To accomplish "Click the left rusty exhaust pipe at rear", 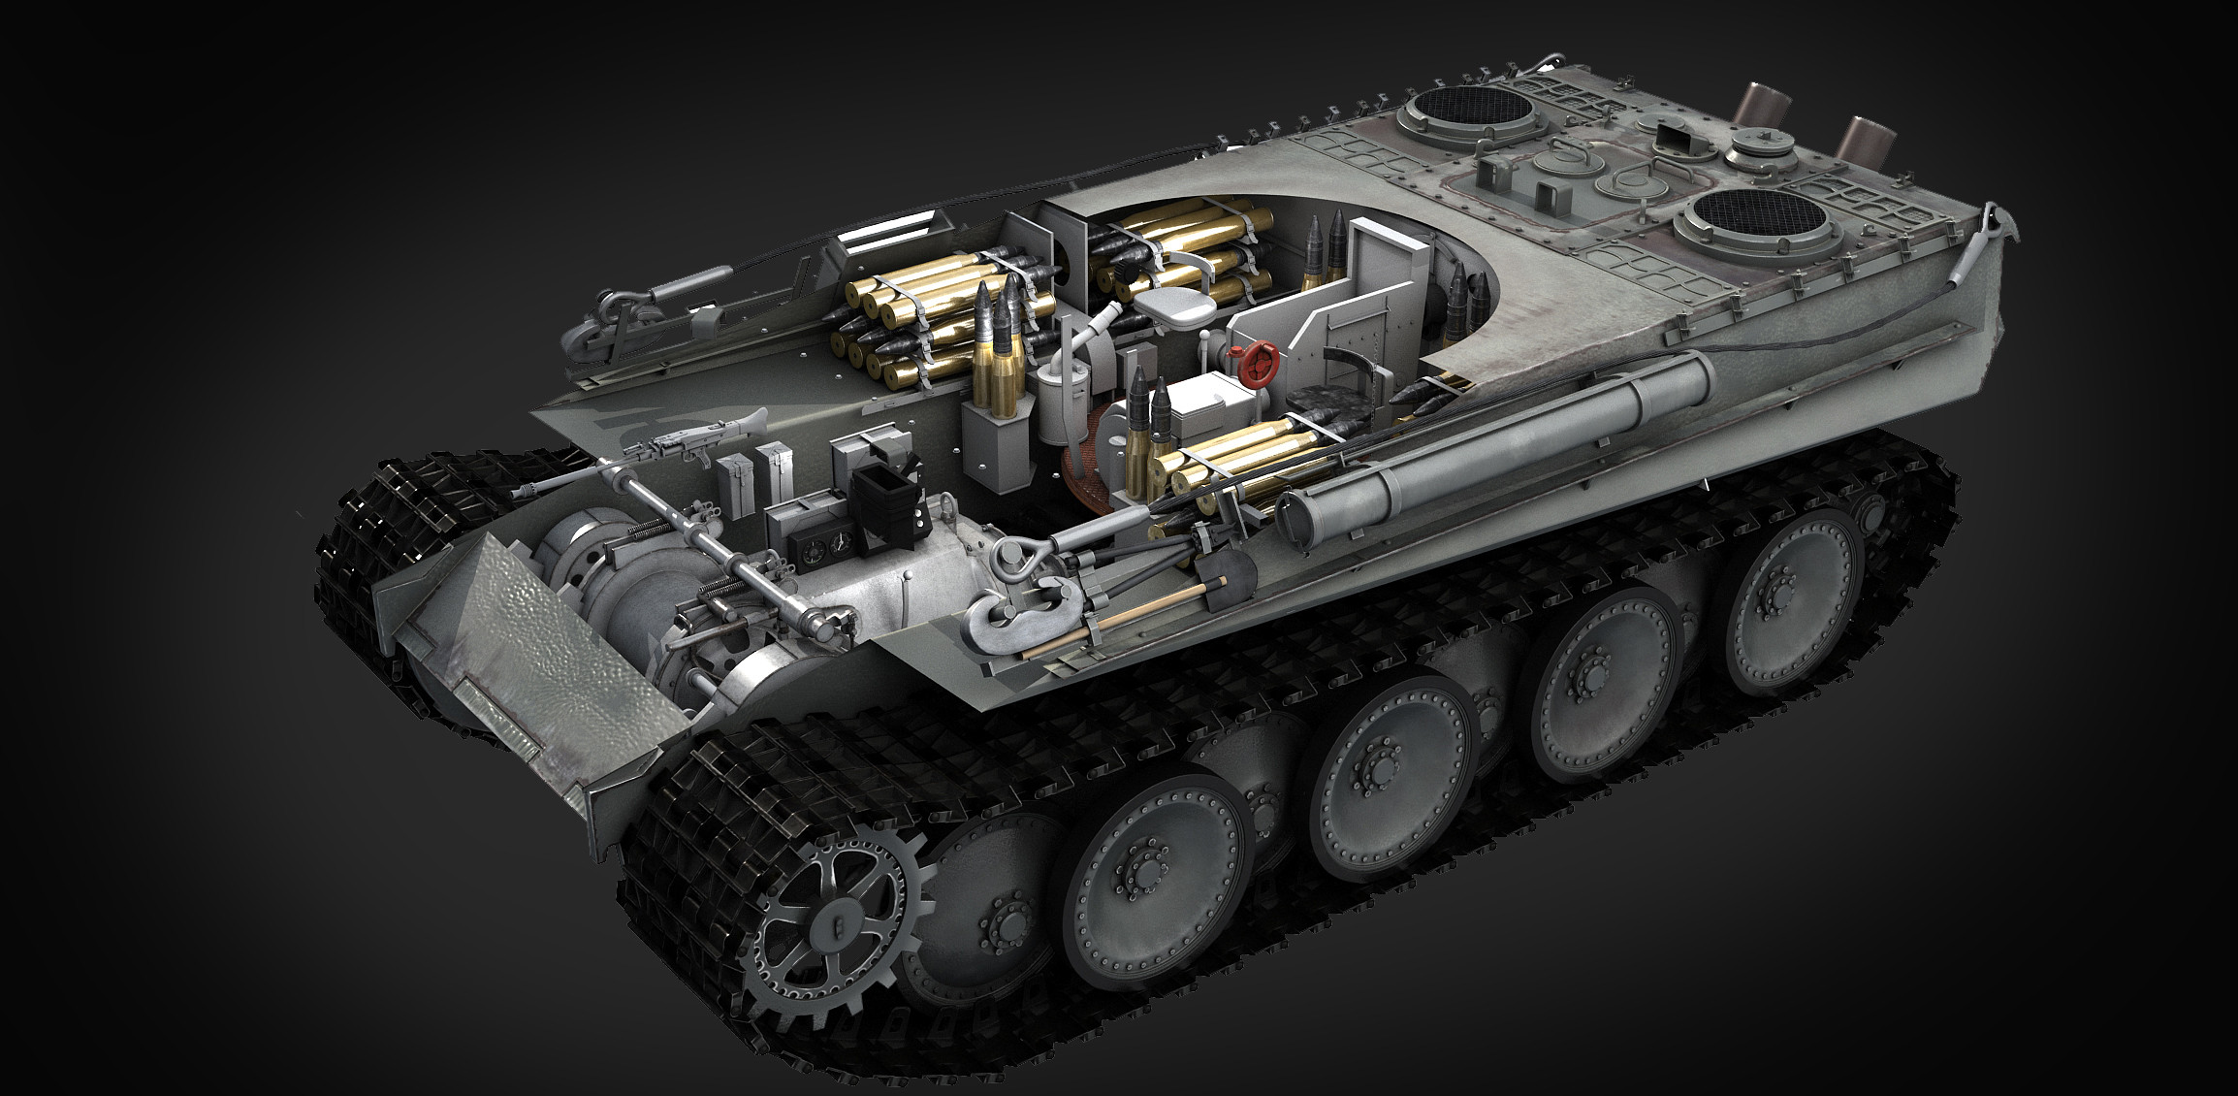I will click(1756, 106).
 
